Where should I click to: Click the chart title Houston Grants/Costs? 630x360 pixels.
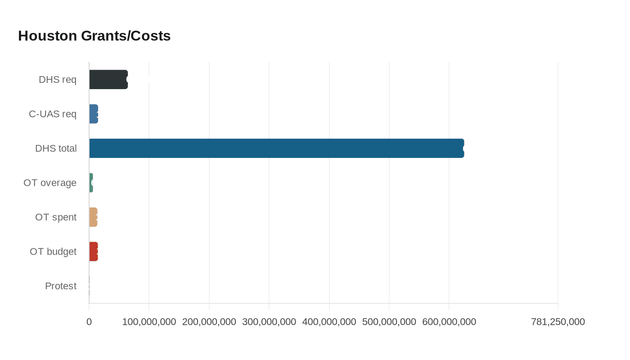coord(94,36)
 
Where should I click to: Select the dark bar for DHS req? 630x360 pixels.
coord(108,80)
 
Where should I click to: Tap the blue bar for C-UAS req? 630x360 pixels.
coord(94,114)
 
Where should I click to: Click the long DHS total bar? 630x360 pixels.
coord(276,148)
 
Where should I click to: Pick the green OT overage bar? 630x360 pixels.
coord(91,183)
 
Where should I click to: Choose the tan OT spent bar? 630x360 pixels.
coord(93,217)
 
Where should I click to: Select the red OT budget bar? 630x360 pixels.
coord(94,252)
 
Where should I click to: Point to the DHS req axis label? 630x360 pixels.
coord(58,80)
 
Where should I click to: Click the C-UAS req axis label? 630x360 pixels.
coord(53,114)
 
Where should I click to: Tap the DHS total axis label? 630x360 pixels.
coord(56,148)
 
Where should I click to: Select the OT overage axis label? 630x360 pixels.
coord(50,183)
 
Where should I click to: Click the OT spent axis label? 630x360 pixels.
coord(56,217)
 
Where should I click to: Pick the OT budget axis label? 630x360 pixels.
coord(53,252)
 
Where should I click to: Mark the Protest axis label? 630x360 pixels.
coord(61,286)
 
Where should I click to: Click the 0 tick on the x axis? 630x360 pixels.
coord(89,322)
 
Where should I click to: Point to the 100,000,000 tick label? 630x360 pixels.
coord(149,322)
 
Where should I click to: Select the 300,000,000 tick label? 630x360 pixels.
coord(269,322)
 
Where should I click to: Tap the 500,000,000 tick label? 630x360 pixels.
coord(389,322)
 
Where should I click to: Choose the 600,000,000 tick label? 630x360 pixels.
coord(449,322)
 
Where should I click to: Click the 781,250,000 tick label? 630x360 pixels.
coord(558,322)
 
